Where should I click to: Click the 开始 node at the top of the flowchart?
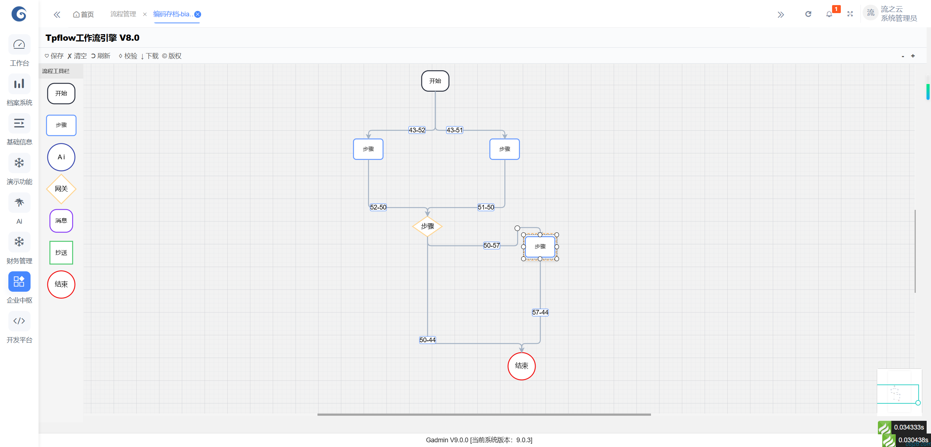click(x=435, y=81)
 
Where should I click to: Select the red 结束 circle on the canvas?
click(x=522, y=366)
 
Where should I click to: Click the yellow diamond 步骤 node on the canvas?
click(x=427, y=226)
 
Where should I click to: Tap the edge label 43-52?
click(x=417, y=130)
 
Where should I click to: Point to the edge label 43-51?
click(x=455, y=130)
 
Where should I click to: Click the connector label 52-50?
click(x=378, y=207)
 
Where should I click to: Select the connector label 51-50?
click(x=486, y=207)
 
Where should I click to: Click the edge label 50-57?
click(x=491, y=246)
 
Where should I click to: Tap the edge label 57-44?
click(x=540, y=312)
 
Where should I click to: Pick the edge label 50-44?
click(x=427, y=340)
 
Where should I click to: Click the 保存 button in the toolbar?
click(x=54, y=56)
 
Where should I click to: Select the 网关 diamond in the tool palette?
click(x=61, y=189)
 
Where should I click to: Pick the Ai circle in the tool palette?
click(x=61, y=157)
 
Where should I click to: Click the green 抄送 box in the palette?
click(x=61, y=252)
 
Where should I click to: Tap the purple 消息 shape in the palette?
click(x=61, y=221)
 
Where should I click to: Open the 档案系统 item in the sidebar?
click(x=19, y=91)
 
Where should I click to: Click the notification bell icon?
click(x=829, y=14)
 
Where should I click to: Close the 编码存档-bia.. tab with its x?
click(x=198, y=14)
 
